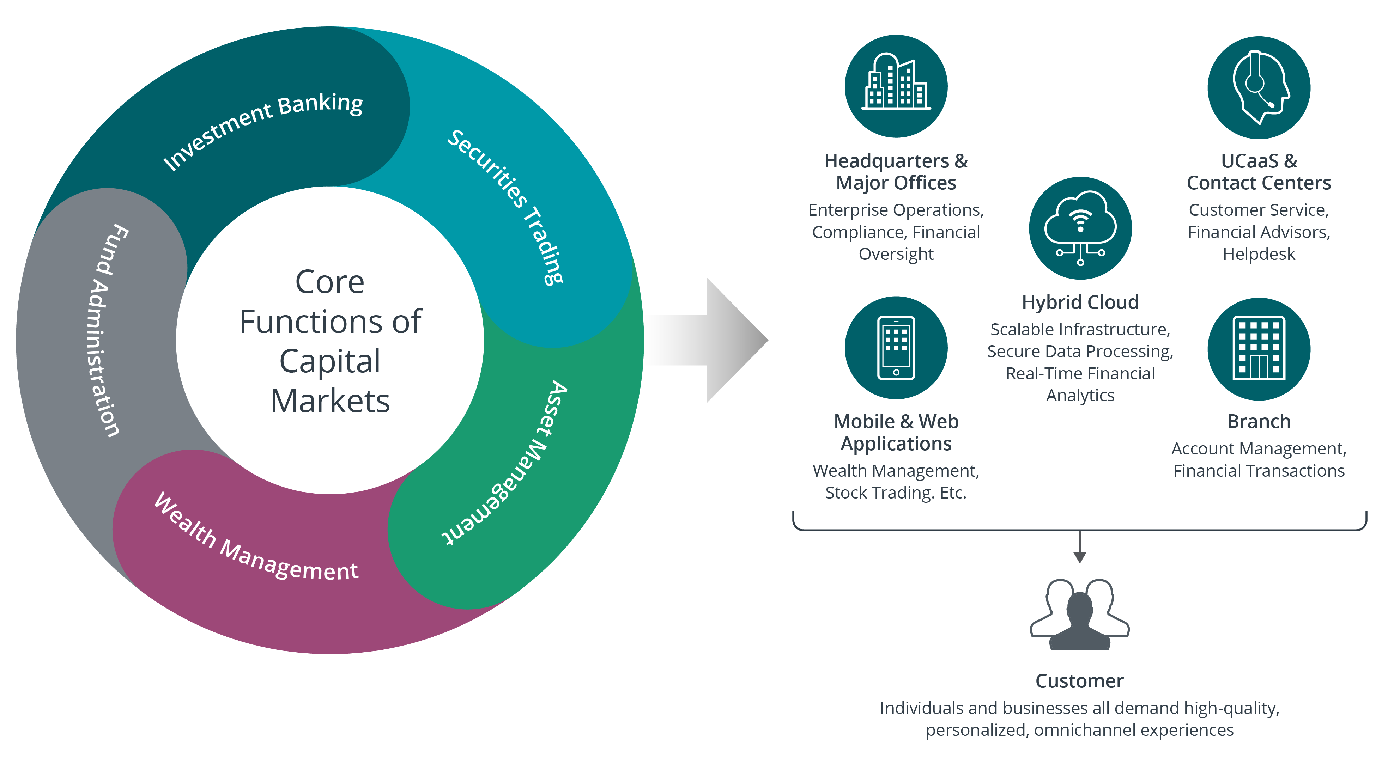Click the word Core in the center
[329, 282]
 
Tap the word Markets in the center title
[329, 401]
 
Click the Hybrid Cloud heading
[1080, 302]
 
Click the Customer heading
[1079, 681]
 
